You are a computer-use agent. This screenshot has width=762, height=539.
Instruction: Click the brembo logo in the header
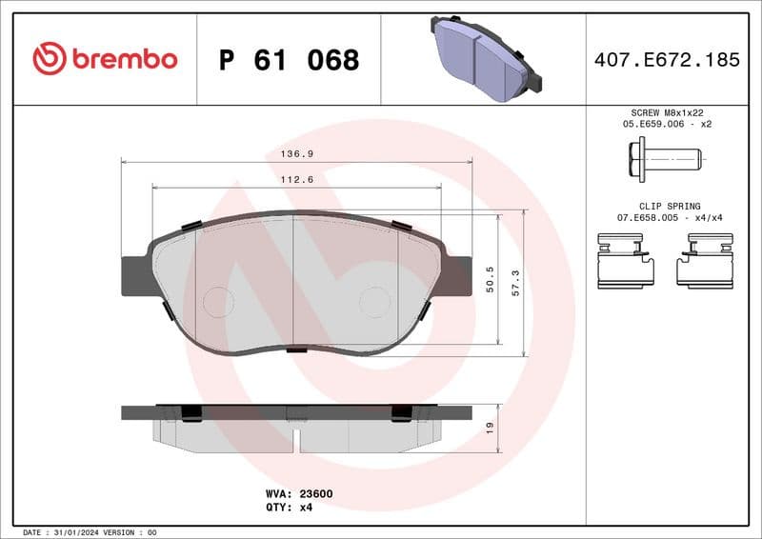[x=105, y=59]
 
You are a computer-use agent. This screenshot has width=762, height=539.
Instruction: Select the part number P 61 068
[x=289, y=60]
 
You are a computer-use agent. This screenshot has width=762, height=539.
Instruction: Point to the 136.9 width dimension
[x=296, y=153]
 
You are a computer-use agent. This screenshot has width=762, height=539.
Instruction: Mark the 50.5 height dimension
[x=490, y=279]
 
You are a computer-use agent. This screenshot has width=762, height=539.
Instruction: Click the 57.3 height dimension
[x=515, y=284]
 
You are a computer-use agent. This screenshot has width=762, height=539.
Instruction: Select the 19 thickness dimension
[x=490, y=429]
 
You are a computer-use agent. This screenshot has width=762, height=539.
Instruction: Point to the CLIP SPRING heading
[x=671, y=206]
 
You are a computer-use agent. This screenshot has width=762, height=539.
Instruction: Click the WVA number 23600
[x=317, y=494]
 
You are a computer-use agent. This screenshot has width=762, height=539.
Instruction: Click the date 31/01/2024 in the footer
[x=78, y=531]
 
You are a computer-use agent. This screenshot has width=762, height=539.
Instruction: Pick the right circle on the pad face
[x=374, y=302]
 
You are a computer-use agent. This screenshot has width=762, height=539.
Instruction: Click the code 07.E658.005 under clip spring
[x=649, y=218]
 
